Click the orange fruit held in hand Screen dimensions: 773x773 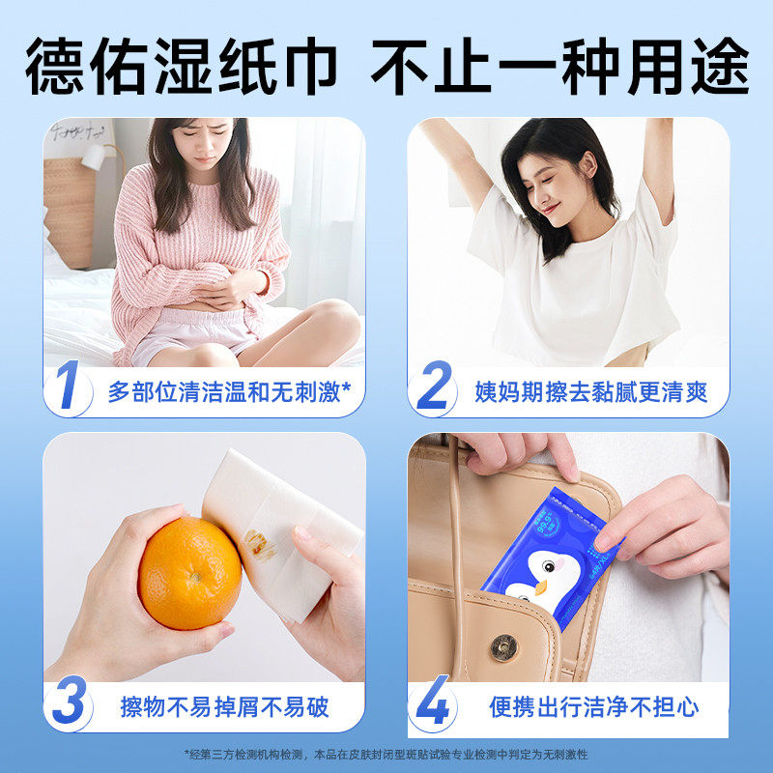189,573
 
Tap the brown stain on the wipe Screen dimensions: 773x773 261,544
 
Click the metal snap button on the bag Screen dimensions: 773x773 502,647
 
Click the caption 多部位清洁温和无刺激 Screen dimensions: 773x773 229,392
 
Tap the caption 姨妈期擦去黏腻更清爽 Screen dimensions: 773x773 591,392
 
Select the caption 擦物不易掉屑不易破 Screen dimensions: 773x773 225,706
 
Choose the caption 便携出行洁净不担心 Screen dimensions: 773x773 593,706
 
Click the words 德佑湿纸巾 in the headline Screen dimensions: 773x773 182,66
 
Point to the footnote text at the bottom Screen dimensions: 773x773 386,754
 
